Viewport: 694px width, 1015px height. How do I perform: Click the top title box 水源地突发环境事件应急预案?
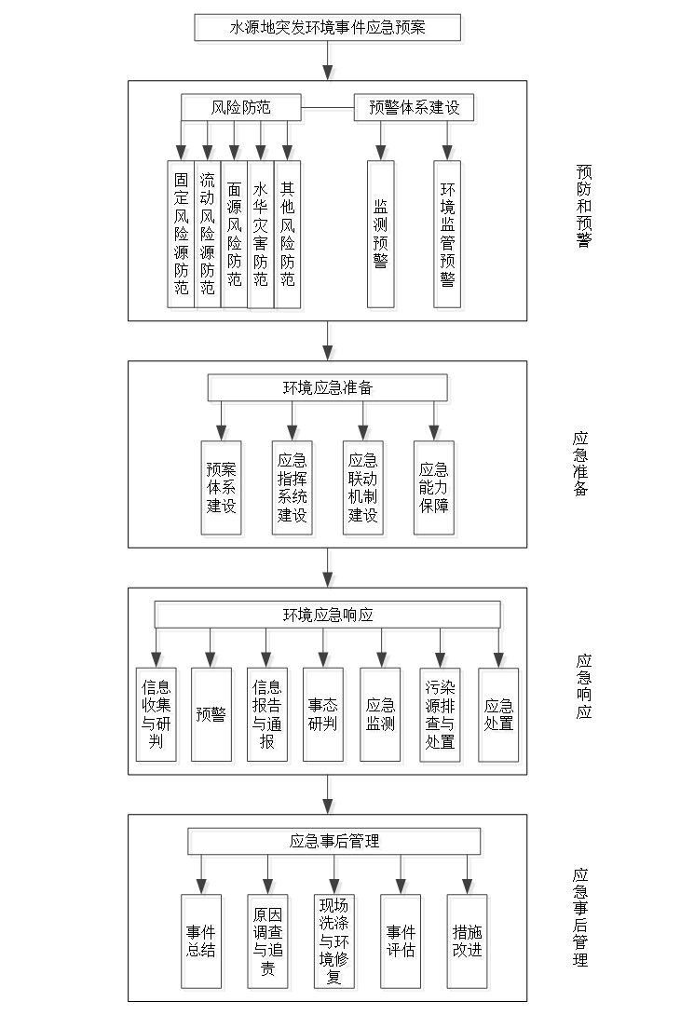point(330,30)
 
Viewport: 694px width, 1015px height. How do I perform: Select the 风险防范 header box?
point(243,110)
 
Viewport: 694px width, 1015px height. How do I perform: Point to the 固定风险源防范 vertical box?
point(184,236)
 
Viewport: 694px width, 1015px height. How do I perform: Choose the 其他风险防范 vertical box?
point(290,236)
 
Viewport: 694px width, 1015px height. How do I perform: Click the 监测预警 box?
point(383,236)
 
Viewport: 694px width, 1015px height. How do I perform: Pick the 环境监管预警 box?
point(449,236)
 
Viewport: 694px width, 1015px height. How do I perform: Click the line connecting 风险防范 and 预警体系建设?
point(330,110)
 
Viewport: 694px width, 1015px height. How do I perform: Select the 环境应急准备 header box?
point(330,389)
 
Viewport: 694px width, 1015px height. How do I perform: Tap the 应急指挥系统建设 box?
point(294,490)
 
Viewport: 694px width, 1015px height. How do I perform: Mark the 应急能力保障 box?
point(436,490)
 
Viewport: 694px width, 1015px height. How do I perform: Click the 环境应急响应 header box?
point(330,616)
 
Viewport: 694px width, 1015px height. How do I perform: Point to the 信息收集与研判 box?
point(158,717)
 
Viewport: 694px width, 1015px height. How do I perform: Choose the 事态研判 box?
point(325,717)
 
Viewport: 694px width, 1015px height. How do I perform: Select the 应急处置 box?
point(500,717)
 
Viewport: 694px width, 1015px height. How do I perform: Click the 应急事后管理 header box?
point(336,843)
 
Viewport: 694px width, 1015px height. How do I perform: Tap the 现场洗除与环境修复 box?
point(336,943)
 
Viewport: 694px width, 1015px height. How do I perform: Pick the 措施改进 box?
point(469,943)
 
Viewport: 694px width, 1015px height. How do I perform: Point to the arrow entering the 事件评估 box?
point(402,877)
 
